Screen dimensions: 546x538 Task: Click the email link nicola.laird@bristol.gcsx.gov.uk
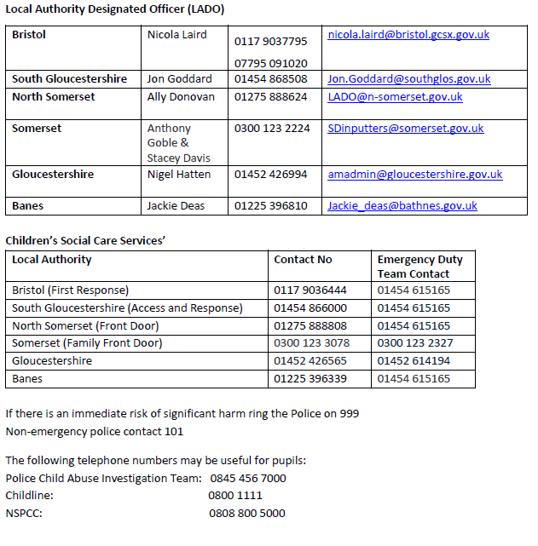pyautogui.click(x=408, y=35)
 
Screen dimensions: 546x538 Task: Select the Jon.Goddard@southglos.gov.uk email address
pyautogui.click(x=409, y=79)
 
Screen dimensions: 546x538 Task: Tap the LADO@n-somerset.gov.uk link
pyautogui.click(x=395, y=97)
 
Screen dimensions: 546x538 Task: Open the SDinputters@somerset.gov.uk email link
pyautogui.click(x=405, y=129)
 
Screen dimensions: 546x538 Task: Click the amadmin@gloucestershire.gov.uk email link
pyautogui.click(x=414, y=175)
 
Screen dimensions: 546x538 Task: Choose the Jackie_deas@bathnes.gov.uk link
pyautogui.click(x=402, y=206)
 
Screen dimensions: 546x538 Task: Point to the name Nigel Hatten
pyautogui.click(x=178, y=175)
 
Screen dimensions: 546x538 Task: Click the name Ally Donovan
pyautogui.click(x=181, y=97)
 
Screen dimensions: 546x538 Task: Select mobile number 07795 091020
pyautogui.click(x=271, y=63)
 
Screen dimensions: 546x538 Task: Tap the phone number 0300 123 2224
pyautogui.click(x=272, y=129)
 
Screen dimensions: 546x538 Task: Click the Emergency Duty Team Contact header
pyautogui.click(x=419, y=267)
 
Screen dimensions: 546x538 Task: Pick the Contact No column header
pyautogui.click(x=303, y=260)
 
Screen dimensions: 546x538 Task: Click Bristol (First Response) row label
pyautogui.click(x=71, y=290)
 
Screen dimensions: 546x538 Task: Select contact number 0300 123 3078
pyautogui.click(x=311, y=343)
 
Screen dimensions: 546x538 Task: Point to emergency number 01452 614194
pyautogui.click(x=414, y=361)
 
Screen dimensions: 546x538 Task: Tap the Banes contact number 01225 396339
pyautogui.click(x=310, y=379)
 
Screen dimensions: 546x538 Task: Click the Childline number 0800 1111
pyautogui.click(x=235, y=496)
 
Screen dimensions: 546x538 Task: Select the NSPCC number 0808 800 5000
pyautogui.click(x=247, y=514)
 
